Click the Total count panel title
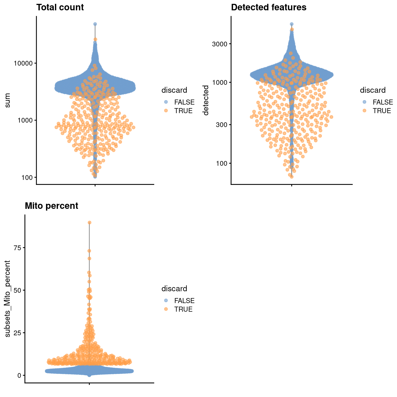pyautogui.click(x=60, y=7)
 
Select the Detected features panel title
pyautogui.click(x=269, y=7)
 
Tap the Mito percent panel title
pyautogui.click(x=51, y=206)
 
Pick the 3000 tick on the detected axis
pyautogui.click(x=219, y=44)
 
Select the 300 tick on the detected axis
pyautogui.click(x=222, y=125)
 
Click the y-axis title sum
pyautogui.click(x=7, y=100)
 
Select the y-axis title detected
pyautogui.click(x=206, y=100)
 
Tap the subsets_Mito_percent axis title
pyautogui.click(x=7, y=299)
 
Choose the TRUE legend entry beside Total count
pyautogui.click(x=183, y=111)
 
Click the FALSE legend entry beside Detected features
pyautogui.click(x=383, y=102)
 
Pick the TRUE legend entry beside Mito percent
pyautogui.click(x=183, y=309)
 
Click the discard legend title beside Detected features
pyautogui.click(x=373, y=90)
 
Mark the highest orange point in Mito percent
pyautogui.click(x=89, y=222)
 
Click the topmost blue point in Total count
pyautogui.click(x=95, y=24)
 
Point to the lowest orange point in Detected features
pyautogui.click(x=292, y=177)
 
